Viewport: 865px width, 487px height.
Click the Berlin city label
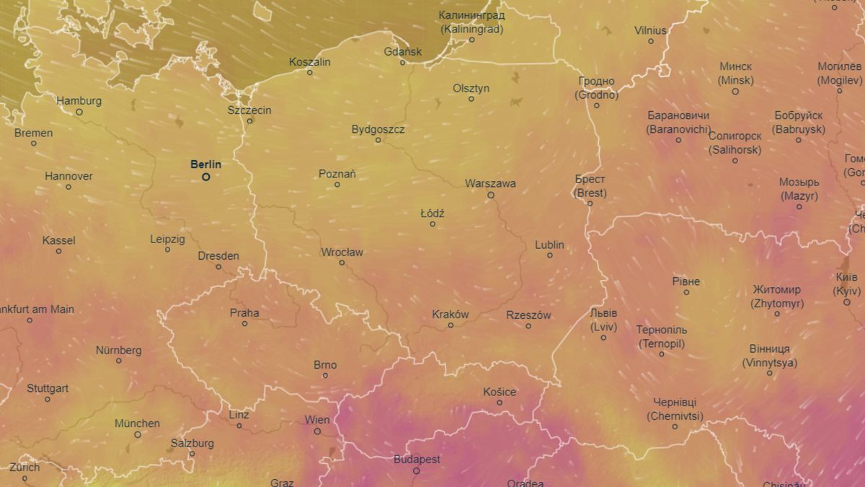point(205,164)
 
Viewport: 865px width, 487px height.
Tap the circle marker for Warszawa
point(491,195)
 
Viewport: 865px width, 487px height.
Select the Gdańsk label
point(403,51)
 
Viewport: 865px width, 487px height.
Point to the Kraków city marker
point(451,325)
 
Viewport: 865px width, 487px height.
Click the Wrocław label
point(342,253)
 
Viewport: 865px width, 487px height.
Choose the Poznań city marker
point(337,185)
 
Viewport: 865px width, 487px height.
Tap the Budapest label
point(417,460)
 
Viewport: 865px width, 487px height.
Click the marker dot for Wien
point(317,431)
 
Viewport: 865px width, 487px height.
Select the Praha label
point(244,313)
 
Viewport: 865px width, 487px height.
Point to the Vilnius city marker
point(650,41)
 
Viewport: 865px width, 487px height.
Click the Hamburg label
point(79,101)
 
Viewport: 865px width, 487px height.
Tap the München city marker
point(137,434)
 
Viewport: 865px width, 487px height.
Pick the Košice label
point(500,392)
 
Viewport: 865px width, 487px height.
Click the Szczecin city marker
point(249,120)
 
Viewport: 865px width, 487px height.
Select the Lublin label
point(549,245)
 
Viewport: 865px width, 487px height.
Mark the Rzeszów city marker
point(528,326)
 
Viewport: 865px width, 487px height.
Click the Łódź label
point(432,214)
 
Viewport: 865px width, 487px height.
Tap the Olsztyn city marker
point(471,99)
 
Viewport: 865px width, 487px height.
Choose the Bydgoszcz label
point(378,130)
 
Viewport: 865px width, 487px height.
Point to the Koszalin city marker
point(310,72)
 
